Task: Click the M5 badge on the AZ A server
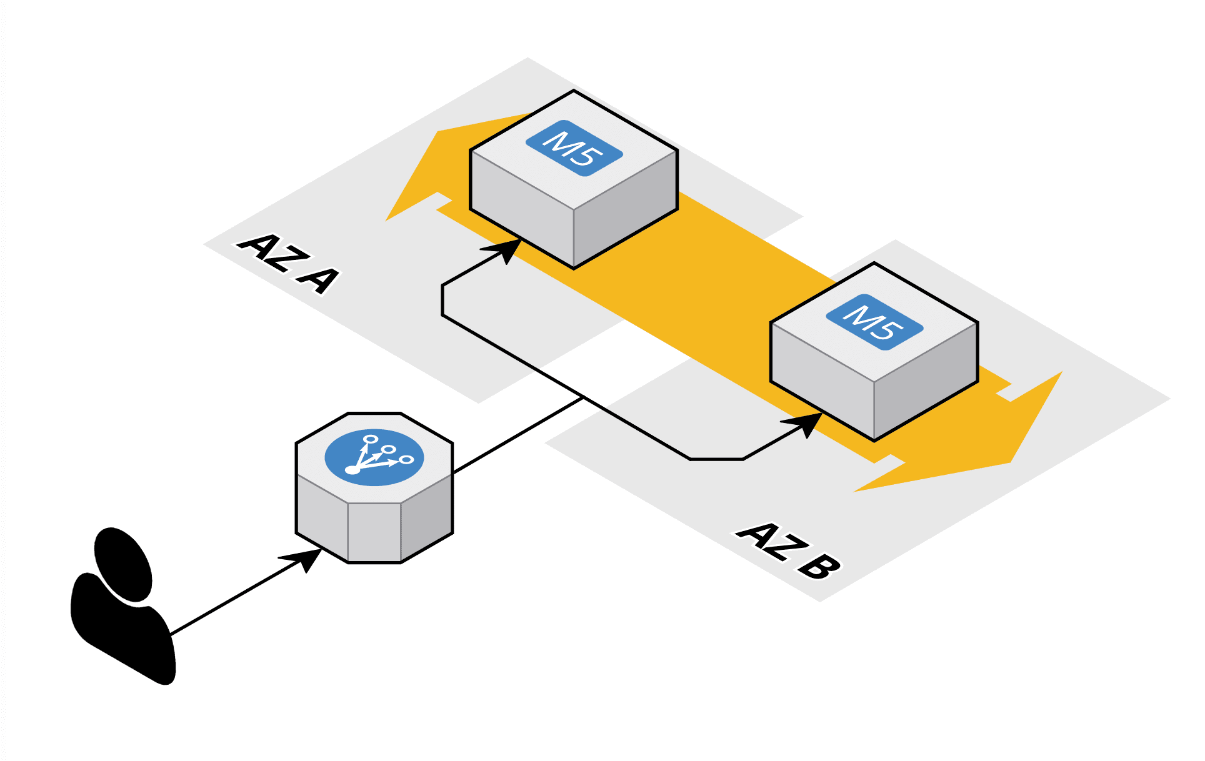[x=574, y=148]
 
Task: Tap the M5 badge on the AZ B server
[x=874, y=322]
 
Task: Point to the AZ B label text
[x=788, y=550]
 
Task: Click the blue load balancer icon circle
[x=374, y=457]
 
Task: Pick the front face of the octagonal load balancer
[x=374, y=531]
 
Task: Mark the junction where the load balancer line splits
[x=583, y=397]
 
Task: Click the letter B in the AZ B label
[x=818, y=566]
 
